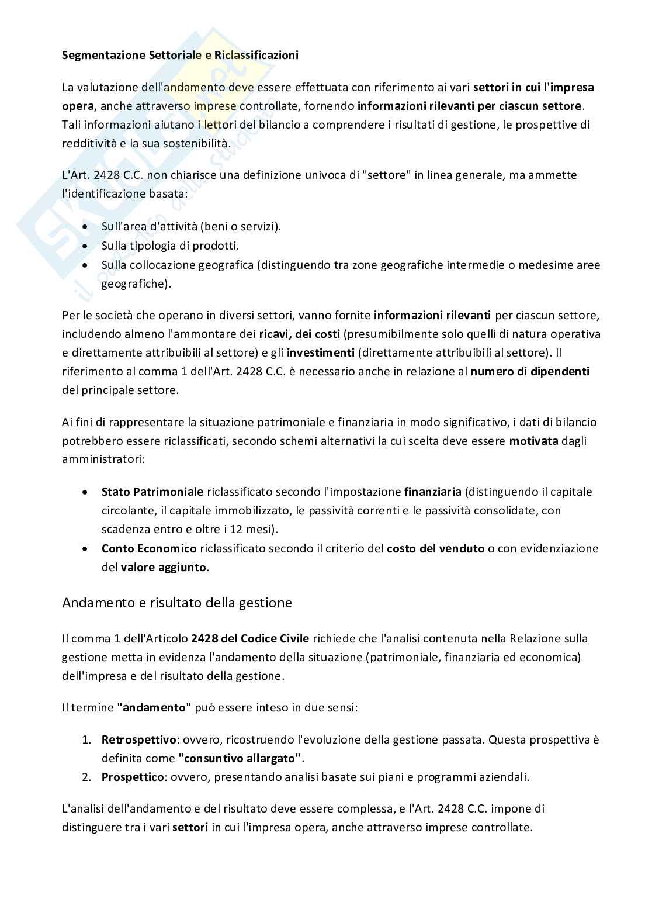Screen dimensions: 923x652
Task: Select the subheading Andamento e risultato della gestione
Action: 177,603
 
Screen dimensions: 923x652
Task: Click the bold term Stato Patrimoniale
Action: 152,492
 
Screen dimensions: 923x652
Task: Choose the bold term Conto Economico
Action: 149,548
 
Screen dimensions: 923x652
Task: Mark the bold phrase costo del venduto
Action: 435,548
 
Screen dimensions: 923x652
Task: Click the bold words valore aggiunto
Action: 164,567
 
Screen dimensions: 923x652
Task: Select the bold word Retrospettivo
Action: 138,739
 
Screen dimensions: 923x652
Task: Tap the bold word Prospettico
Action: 132,777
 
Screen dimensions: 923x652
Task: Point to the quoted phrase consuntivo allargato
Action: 240,758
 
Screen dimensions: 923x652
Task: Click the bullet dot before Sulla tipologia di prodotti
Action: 86,246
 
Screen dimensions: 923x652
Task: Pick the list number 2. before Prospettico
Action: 86,777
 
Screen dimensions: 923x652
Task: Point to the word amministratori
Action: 102,459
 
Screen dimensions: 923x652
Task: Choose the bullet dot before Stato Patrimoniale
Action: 86,492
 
